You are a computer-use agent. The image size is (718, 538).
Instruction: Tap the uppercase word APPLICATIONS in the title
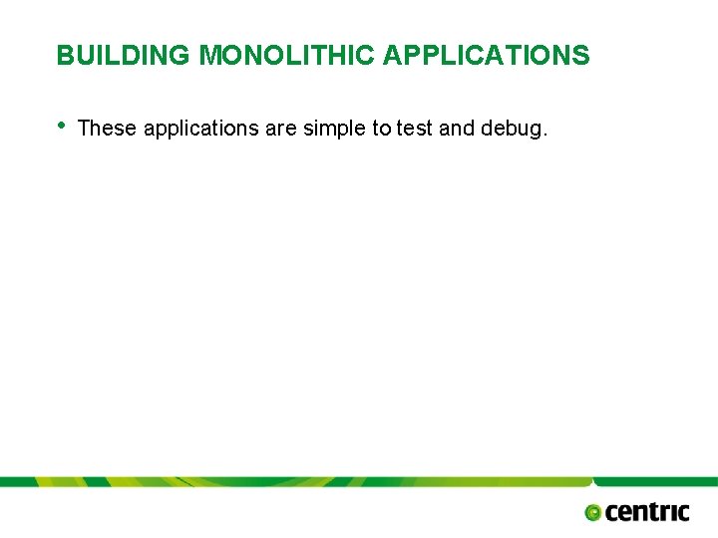pyautogui.click(x=486, y=56)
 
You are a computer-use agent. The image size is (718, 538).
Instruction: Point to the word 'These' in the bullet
pyautogui.click(x=107, y=129)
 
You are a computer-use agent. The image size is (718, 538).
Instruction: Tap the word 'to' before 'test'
pyautogui.click(x=382, y=129)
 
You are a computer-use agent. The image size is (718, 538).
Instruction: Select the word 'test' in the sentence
pyautogui.click(x=413, y=129)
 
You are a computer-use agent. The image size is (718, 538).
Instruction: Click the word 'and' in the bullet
pyautogui.click(x=456, y=129)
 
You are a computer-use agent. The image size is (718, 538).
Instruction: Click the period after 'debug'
pyautogui.click(x=544, y=134)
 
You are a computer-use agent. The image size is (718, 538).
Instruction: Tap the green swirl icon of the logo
pyautogui.click(x=593, y=512)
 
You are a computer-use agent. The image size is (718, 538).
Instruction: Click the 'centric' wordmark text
pyautogui.click(x=647, y=511)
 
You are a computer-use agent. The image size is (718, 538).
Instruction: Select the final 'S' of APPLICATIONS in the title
pyautogui.click(x=581, y=56)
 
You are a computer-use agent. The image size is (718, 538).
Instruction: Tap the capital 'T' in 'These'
pyautogui.click(x=84, y=129)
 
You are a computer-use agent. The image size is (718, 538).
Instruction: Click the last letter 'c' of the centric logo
pyautogui.click(x=681, y=512)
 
